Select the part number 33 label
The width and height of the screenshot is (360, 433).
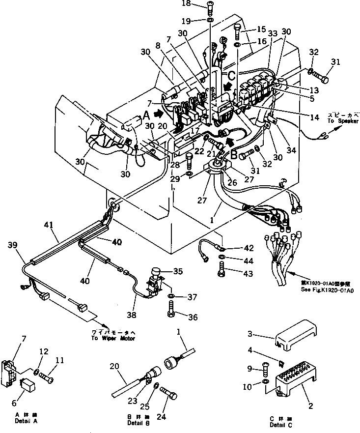273,33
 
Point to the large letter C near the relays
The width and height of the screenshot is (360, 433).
231,76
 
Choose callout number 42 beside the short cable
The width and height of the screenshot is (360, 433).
249,248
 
